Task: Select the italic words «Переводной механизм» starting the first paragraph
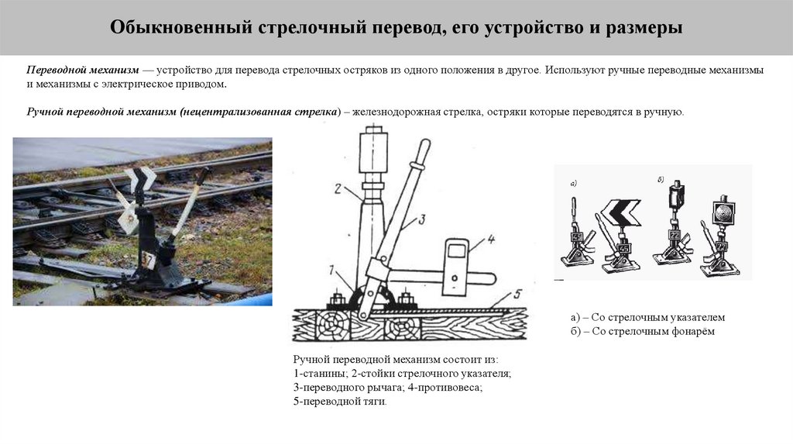[82, 70]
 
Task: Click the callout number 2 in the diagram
[338, 189]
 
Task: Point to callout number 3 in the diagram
[421, 219]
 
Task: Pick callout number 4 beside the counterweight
[490, 239]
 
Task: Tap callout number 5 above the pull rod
[517, 294]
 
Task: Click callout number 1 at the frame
[332, 271]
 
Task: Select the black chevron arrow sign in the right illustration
[620, 212]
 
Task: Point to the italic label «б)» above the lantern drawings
[661, 180]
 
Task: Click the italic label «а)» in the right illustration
[574, 183]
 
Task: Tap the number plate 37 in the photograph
[147, 260]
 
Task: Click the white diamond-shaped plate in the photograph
[129, 219]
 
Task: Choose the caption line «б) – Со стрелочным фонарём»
[643, 332]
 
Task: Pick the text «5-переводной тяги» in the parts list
[339, 402]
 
